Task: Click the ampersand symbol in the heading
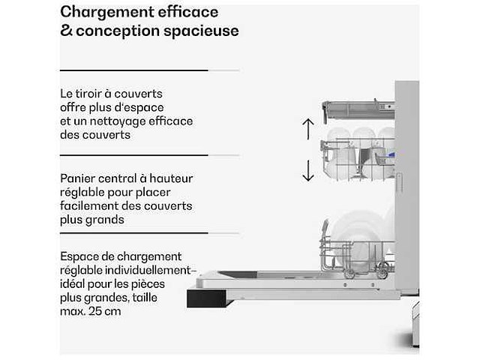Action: point(66,30)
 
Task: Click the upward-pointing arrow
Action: point(308,129)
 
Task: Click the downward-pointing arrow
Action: point(308,170)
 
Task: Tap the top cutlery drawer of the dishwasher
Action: point(358,110)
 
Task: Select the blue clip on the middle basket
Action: point(391,155)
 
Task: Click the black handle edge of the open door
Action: point(207,298)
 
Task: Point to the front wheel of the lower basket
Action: point(349,273)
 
